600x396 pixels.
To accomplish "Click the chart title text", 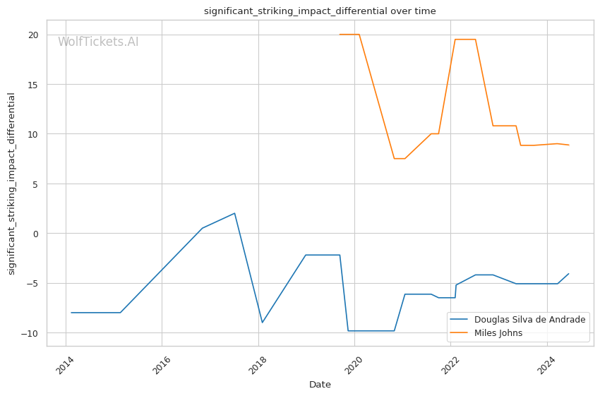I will [320, 11].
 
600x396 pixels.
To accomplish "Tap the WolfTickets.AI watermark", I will [98, 42].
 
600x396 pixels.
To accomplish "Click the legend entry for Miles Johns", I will [498, 333].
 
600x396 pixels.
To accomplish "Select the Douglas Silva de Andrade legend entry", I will [529, 320].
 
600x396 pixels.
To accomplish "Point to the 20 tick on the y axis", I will [32, 35].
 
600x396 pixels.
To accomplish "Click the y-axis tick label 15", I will [32, 85].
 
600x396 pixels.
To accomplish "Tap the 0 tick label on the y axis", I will [35, 234].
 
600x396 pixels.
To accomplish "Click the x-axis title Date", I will [320, 385].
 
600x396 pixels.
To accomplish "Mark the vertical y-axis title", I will [11, 184].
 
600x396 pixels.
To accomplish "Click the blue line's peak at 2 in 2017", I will [234, 213].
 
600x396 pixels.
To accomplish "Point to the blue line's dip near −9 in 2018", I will [262, 323].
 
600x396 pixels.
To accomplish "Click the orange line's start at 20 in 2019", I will [340, 35].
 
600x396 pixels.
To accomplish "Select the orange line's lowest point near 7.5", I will [395, 159].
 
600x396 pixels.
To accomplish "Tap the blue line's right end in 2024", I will [568, 274].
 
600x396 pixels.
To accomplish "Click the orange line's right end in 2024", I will [568, 145].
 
